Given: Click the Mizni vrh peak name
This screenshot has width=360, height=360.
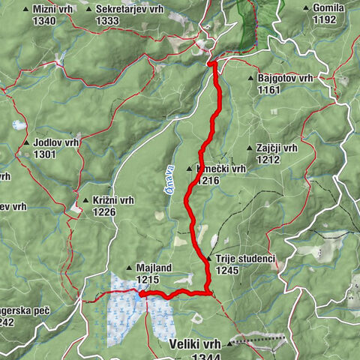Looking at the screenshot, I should pyautogui.click(x=54, y=9).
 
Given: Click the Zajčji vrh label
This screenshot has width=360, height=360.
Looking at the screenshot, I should pyautogui.click(x=278, y=148).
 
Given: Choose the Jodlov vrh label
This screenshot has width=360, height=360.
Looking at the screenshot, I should pyautogui.click(x=55, y=142).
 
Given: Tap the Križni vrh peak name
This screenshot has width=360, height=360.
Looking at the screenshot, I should pyautogui.click(x=114, y=200).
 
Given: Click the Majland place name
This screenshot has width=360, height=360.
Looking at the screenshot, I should pyautogui.click(x=154, y=267).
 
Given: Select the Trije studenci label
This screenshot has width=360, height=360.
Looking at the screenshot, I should pyautogui.click(x=245, y=259).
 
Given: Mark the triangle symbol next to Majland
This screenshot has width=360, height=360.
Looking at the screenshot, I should pyautogui.click(x=130, y=267).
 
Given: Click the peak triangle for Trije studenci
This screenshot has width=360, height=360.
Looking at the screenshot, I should pyautogui.click(x=209, y=259).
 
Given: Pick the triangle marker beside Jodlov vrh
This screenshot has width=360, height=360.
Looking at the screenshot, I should pyautogui.click(x=27, y=142).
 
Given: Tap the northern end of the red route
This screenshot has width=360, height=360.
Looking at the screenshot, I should pyautogui.click(x=212, y=64).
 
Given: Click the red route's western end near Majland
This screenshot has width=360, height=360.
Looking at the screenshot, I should pyautogui.click(x=140, y=295).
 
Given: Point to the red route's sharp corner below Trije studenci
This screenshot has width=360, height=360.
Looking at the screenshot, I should pyautogui.click(x=208, y=292).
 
